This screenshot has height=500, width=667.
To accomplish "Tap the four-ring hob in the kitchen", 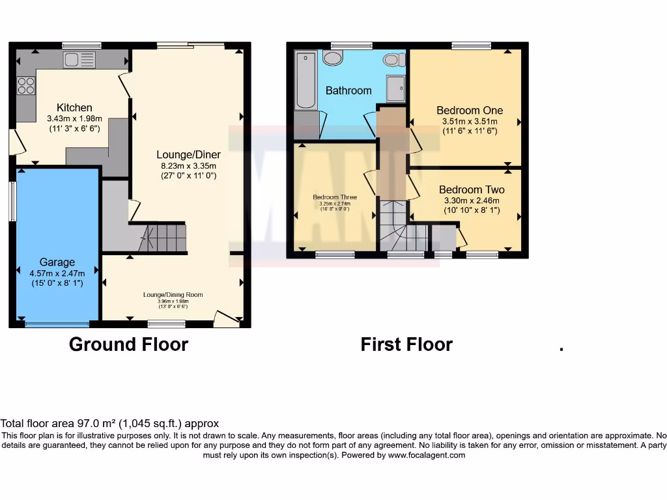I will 26,86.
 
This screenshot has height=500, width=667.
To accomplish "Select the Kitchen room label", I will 74,107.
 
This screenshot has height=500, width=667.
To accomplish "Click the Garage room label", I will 57,262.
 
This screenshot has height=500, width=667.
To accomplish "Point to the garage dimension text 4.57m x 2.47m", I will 57,273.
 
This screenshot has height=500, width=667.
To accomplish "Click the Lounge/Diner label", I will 188,155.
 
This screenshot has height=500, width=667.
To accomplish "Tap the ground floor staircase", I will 162,238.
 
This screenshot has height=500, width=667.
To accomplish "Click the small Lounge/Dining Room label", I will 173,295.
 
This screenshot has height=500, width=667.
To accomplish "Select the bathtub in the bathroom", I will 305,81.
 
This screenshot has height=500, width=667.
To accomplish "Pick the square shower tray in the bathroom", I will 395,89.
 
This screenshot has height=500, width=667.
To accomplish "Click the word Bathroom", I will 348,90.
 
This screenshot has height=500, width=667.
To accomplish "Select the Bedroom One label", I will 470,111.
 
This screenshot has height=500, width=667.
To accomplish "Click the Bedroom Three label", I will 335,197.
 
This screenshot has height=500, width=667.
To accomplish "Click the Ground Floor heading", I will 128,344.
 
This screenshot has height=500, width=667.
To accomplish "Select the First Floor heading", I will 406,344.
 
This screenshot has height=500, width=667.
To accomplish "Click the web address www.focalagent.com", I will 427,455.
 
